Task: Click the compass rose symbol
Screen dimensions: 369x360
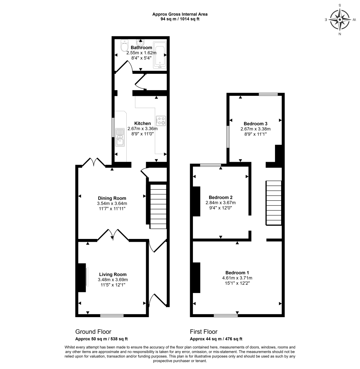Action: [x=340, y=19]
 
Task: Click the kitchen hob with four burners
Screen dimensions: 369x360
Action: [x=161, y=120]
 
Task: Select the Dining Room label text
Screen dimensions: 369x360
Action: [x=112, y=198]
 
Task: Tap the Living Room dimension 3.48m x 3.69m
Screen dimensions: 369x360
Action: [x=113, y=280]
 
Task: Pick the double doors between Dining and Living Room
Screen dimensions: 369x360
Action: [x=113, y=235]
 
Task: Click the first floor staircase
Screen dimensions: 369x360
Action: [x=274, y=203]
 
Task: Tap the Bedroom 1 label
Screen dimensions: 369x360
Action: [x=237, y=272]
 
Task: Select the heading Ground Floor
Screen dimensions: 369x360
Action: [x=93, y=332]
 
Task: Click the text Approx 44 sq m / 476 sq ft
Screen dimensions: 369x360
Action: [x=216, y=339]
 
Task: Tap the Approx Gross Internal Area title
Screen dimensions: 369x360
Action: [x=180, y=14]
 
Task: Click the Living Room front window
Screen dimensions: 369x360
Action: [x=112, y=315]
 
